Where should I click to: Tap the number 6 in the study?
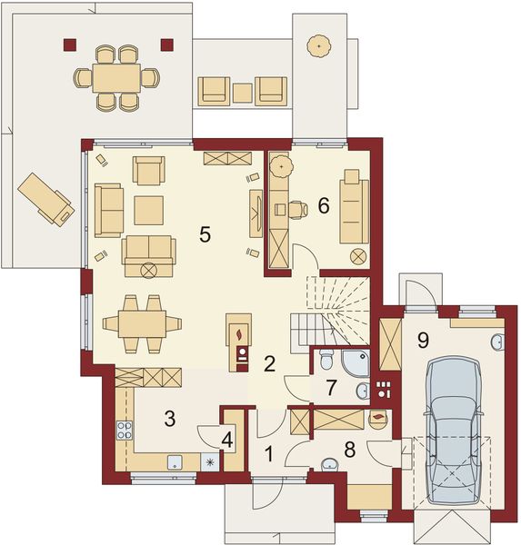[323, 206]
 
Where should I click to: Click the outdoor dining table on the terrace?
[115, 75]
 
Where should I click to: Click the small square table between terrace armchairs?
[242, 92]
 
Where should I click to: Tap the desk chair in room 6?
[297, 208]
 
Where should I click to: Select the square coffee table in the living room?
[148, 210]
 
